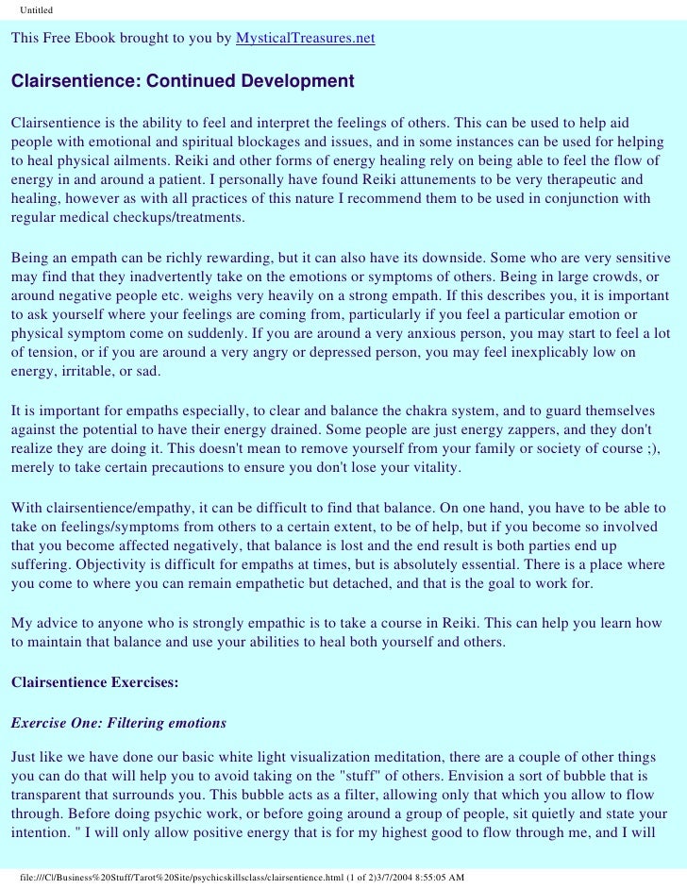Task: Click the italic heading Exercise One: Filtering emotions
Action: pos(118,724)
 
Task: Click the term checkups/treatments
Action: pos(176,218)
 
